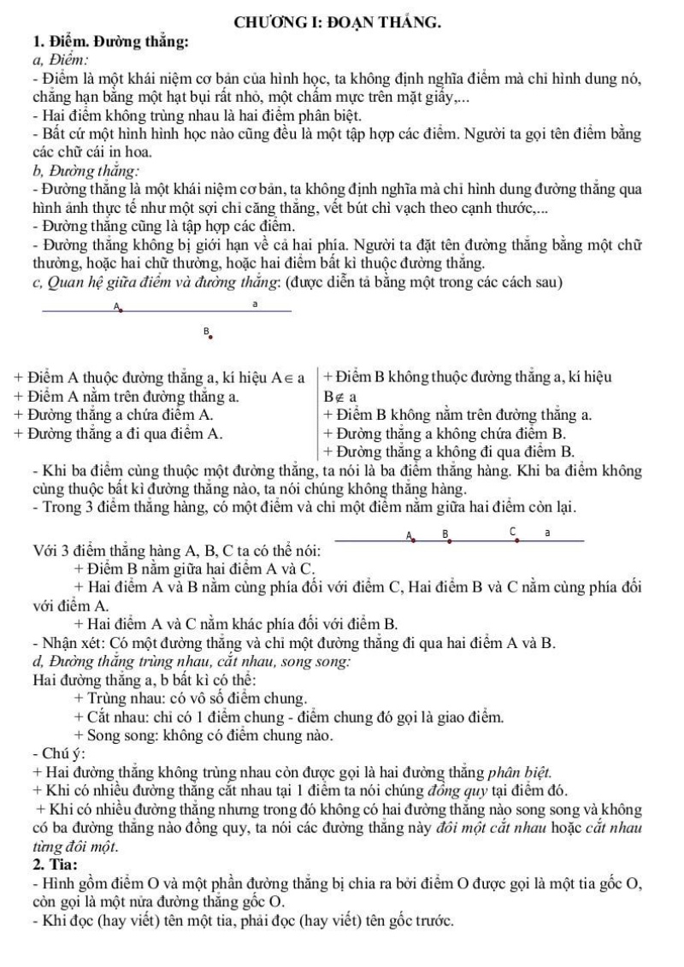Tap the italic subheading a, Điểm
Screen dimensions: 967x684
(x=57, y=58)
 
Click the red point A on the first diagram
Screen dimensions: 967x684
(x=121, y=311)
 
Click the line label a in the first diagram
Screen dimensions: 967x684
(x=254, y=304)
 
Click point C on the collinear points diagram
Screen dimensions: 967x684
(x=517, y=540)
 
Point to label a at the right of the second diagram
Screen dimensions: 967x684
(x=547, y=533)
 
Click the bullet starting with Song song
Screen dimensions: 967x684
(x=206, y=734)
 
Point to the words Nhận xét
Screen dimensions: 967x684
(x=69, y=642)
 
